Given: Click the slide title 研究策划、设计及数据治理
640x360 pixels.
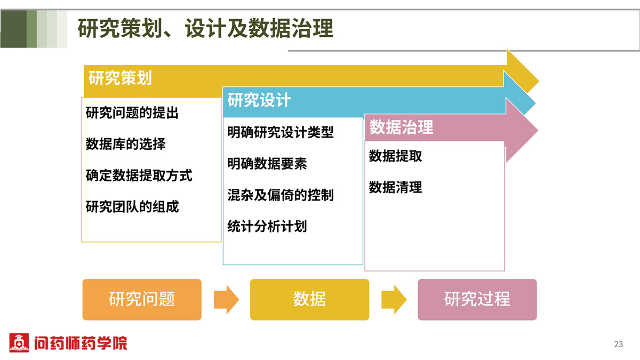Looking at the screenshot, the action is point(205,28).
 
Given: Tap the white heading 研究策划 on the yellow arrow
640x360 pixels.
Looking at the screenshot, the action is point(120,78).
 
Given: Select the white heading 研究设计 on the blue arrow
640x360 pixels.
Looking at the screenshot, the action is point(259,100).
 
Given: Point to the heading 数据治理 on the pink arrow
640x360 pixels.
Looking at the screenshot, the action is point(401,127).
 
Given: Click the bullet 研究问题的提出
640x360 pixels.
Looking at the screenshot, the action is point(132,113).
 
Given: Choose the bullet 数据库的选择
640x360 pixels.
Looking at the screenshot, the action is point(125,143).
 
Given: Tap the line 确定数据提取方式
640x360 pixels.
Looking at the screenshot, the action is point(139,175).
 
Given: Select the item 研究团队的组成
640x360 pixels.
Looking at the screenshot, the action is point(132,206).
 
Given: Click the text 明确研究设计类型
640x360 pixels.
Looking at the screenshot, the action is point(281,132).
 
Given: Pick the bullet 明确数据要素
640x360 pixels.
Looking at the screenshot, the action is point(267,163).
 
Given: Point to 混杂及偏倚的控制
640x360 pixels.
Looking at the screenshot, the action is point(281,195).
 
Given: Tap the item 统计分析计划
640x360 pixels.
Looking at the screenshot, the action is point(267,226).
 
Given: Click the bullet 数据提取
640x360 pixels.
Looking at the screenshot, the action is point(395,156).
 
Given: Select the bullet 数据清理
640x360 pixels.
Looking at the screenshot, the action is point(395,187).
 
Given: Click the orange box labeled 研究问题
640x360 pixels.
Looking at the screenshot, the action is point(142,299).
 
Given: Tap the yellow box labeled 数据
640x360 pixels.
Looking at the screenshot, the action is point(309,299).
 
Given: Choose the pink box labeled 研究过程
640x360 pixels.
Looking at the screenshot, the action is point(477,299).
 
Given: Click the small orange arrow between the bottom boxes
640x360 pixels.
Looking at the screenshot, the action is point(226,299).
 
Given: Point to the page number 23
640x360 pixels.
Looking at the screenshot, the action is point(619,344).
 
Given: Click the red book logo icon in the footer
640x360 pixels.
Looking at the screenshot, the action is point(19,342).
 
